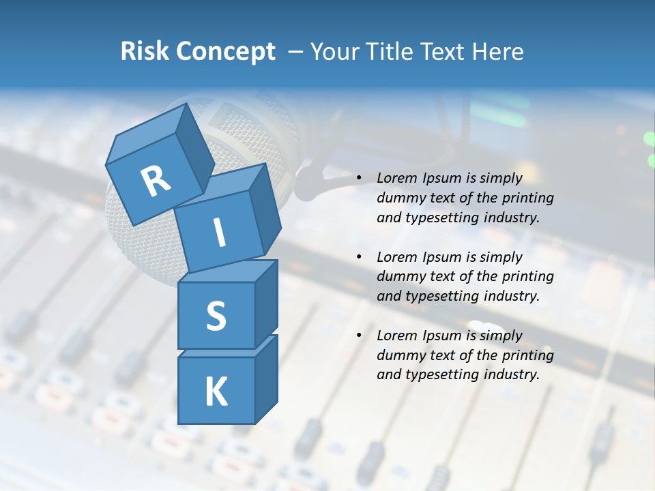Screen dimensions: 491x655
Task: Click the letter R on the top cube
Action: [156, 180]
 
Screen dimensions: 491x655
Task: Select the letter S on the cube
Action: [216, 315]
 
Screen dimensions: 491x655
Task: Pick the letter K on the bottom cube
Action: [216, 392]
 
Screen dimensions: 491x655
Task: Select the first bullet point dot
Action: [359, 179]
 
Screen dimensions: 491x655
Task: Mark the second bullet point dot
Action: [359, 258]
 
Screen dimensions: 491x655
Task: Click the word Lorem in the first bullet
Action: [395, 178]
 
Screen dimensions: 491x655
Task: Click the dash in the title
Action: [296, 52]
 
